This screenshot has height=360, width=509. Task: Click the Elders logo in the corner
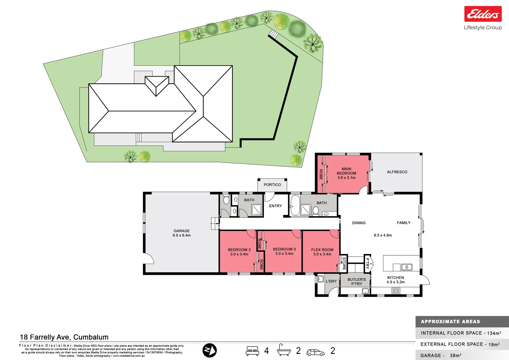pos(483,14)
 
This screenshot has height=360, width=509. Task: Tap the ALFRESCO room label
pos(397,172)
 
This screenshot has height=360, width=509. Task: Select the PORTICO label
pos(272,185)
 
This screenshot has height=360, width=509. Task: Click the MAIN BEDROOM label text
pos(346,173)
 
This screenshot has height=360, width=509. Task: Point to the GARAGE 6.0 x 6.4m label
pos(182,233)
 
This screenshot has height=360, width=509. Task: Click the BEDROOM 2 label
pos(239,252)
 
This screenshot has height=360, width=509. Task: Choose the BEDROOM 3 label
pos(284,251)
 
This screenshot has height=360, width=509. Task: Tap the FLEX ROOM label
pos(322,252)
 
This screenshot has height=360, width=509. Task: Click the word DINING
pos(359,223)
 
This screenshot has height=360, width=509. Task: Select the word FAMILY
pos(403,223)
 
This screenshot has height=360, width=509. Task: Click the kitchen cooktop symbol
pos(396,291)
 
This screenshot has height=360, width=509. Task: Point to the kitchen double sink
pos(407,267)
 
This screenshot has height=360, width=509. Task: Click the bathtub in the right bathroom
pos(294,206)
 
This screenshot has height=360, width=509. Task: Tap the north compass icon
pos(210,350)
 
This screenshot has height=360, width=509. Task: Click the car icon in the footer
pos(315,352)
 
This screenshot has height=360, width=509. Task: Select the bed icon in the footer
pos(253,351)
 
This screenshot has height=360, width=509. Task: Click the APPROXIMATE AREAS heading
pos(450,322)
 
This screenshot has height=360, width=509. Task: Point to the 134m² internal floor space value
pos(494,333)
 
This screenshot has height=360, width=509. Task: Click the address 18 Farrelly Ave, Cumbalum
pos(64,337)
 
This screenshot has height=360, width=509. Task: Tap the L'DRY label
pos(331,281)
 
